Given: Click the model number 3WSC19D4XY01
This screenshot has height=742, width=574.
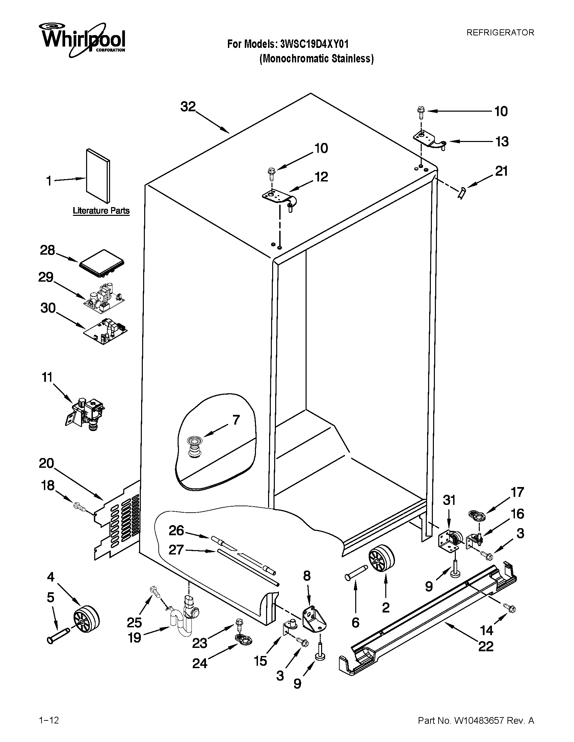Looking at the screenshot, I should [314, 44].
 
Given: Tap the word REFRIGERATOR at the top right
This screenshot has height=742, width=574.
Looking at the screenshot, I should [500, 32].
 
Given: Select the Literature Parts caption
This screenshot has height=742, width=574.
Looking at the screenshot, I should [101, 211].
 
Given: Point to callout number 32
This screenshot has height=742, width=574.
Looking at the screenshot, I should [188, 107].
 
